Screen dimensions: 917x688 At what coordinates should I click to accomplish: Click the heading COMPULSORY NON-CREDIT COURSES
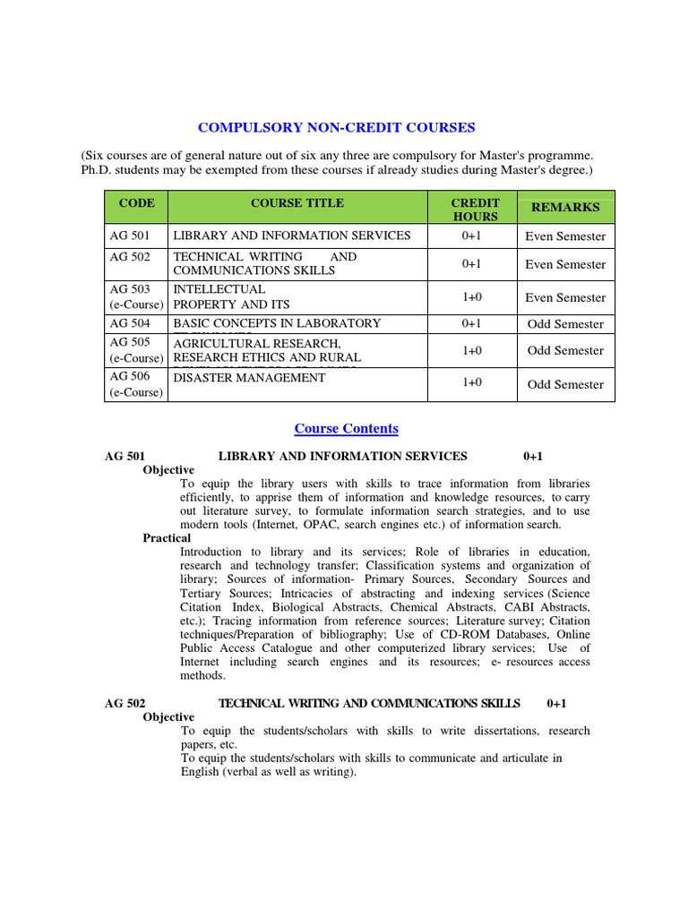336,127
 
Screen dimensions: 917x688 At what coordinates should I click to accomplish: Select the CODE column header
136,203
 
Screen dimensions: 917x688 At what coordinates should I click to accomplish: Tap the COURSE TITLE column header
297,203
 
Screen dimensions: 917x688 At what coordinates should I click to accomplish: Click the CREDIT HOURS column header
476,210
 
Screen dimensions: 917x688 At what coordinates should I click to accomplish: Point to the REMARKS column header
565,207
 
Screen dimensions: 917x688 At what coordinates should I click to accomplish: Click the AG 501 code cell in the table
130,236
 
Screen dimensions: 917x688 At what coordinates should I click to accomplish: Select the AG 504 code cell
130,323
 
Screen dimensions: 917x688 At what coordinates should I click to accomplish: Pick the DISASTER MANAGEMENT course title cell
249,378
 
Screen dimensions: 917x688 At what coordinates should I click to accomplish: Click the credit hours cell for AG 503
472,297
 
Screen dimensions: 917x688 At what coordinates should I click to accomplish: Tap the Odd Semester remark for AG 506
565,384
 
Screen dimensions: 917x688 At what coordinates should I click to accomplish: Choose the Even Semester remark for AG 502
565,264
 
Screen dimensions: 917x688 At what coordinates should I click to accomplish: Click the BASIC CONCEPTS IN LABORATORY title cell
277,323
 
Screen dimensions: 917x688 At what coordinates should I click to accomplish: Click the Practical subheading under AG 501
167,538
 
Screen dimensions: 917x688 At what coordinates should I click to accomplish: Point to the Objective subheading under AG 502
168,717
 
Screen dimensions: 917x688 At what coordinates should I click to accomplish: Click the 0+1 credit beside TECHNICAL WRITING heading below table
556,704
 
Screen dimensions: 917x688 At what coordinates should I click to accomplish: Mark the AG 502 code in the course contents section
125,704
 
